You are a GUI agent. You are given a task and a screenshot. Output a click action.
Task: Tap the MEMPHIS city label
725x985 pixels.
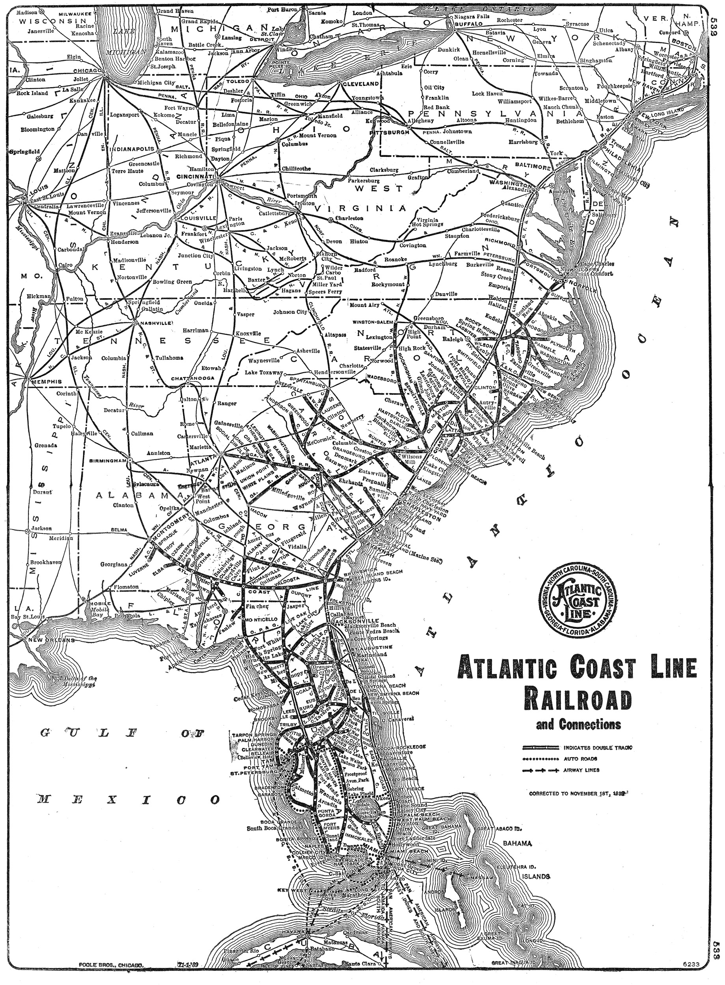tap(46, 381)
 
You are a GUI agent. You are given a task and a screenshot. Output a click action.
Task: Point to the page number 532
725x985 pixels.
tap(717, 29)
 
